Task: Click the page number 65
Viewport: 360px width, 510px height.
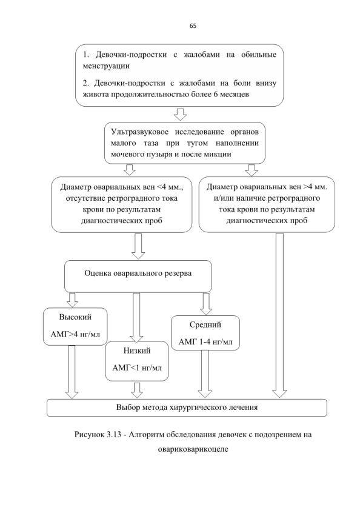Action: (x=193, y=26)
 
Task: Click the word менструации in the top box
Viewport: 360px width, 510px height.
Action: (x=106, y=66)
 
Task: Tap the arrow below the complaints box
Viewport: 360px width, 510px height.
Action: (x=180, y=114)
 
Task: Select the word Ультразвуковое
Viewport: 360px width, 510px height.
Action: (x=140, y=132)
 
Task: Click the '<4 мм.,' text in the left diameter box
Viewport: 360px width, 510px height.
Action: (x=170, y=187)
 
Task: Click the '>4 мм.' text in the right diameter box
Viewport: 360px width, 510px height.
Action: (x=315, y=187)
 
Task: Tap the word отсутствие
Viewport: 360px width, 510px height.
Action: (x=85, y=198)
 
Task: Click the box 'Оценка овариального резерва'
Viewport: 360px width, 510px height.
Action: (x=138, y=276)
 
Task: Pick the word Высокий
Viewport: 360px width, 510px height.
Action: (x=75, y=317)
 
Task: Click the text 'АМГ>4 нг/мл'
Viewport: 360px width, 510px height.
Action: (x=75, y=334)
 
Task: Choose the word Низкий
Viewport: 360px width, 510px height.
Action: (x=137, y=351)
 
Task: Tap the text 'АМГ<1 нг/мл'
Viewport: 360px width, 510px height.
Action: (x=137, y=368)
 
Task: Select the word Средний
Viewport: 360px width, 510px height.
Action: (x=205, y=324)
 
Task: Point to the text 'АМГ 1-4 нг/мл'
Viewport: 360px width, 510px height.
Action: (x=205, y=342)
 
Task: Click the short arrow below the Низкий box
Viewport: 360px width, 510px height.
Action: (x=136, y=390)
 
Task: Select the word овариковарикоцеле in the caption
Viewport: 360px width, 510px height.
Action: (x=193, y=449)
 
